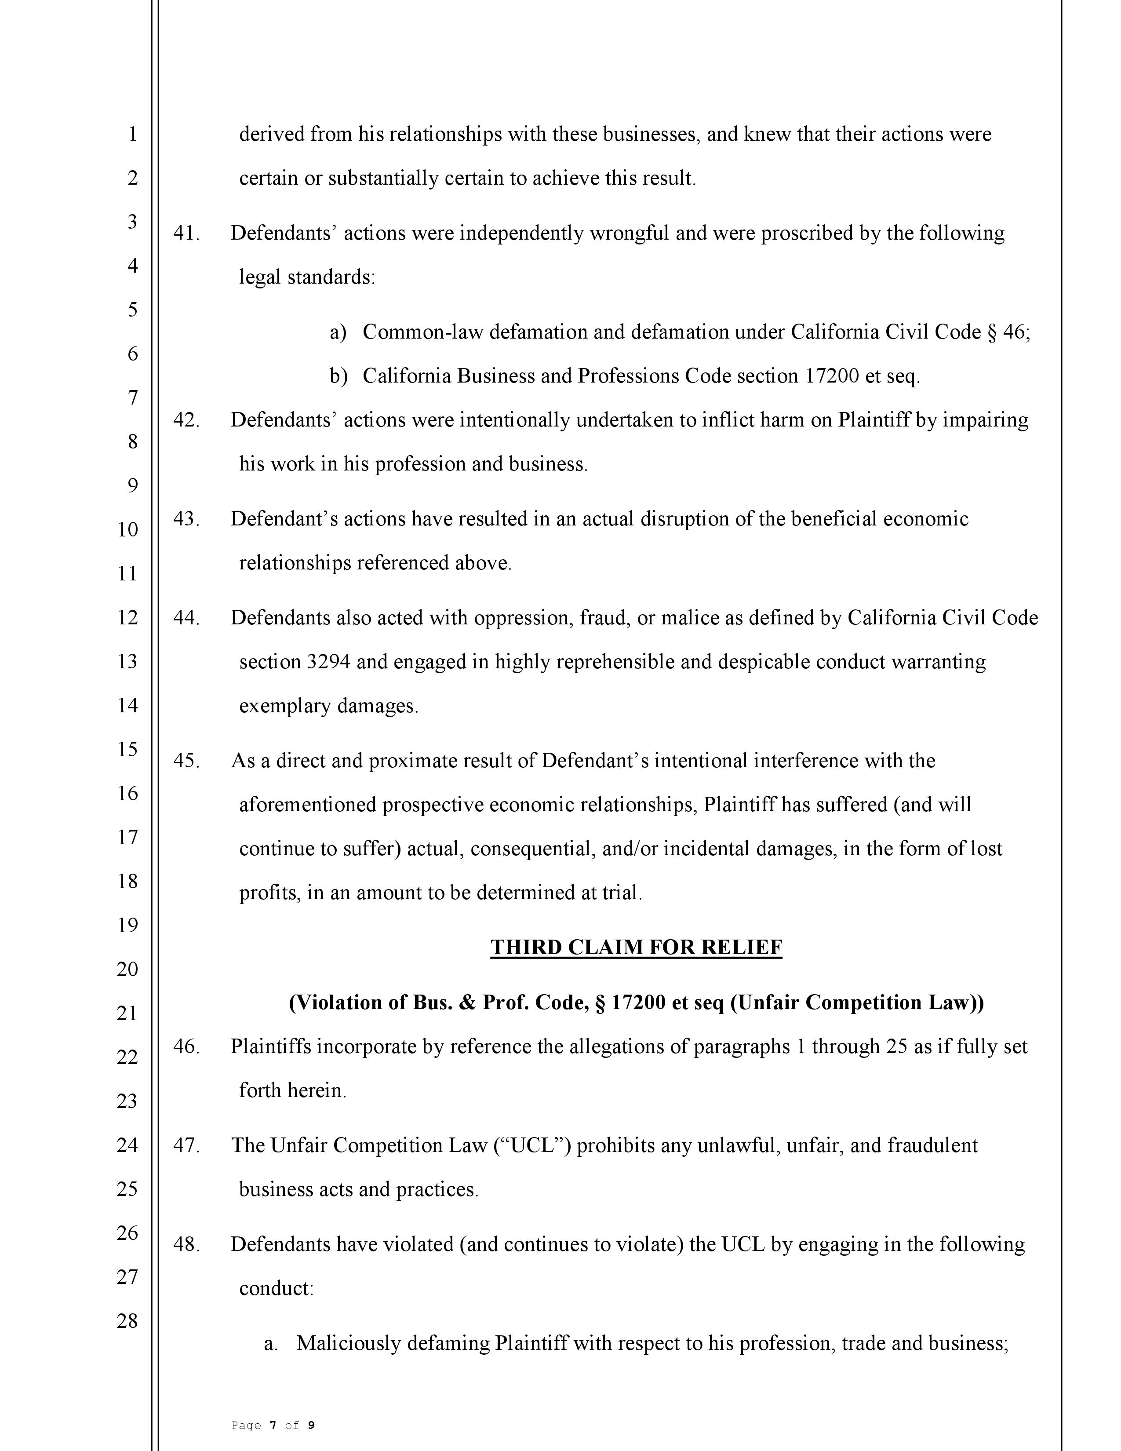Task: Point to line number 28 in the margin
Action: point(127,1321)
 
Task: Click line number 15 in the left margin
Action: point(127,749)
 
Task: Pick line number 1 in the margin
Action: point(132,134)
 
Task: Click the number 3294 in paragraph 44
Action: point(328,662)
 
